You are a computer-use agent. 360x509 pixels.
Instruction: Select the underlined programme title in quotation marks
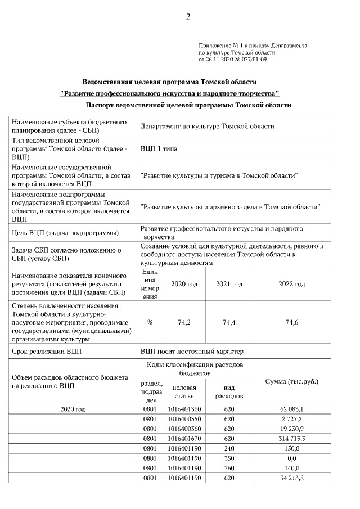click(169, 92)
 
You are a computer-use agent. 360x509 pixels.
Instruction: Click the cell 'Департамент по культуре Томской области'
click(207, 127)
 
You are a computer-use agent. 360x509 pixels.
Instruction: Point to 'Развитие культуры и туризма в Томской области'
click(219, 175)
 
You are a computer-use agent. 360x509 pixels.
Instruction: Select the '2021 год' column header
click(229, 284)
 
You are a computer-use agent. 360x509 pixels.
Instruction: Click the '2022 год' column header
click(291, 284)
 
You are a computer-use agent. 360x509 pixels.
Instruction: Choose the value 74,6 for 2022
click(291, 322)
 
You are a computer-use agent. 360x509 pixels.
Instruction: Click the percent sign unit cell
click(150, 322)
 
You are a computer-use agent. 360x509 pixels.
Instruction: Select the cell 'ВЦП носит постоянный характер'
click(192, 352)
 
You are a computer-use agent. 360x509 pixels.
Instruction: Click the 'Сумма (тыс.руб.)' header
click(291, 381)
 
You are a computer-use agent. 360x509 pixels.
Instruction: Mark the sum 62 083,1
click(291, 409)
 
